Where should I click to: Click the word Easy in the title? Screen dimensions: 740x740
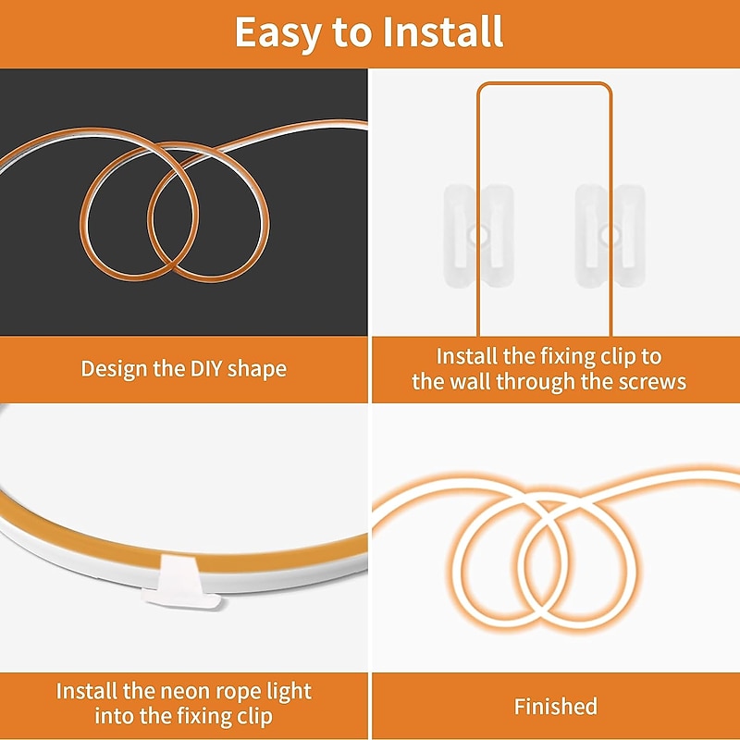pos(278,33)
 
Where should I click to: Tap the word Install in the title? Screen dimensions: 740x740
pos(443,31)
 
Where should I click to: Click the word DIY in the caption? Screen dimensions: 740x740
pos(205,368)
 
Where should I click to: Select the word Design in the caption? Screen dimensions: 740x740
pos(114,369)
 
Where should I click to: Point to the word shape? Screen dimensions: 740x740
pos(257,369)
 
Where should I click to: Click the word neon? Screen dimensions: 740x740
pos(184,692)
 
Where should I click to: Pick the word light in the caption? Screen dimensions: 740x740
pos(290,692)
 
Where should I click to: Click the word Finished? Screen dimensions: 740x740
pos(556,707)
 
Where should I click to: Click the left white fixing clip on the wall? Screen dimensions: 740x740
pos(478,236)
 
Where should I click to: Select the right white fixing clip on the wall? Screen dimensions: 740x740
pos(610,236)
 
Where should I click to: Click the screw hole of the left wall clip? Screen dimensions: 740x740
pos(480,235)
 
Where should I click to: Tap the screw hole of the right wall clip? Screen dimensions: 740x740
pos(611,235)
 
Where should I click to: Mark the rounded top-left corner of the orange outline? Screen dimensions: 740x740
pos(481,87)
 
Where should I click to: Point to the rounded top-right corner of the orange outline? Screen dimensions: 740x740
pos(608,87)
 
